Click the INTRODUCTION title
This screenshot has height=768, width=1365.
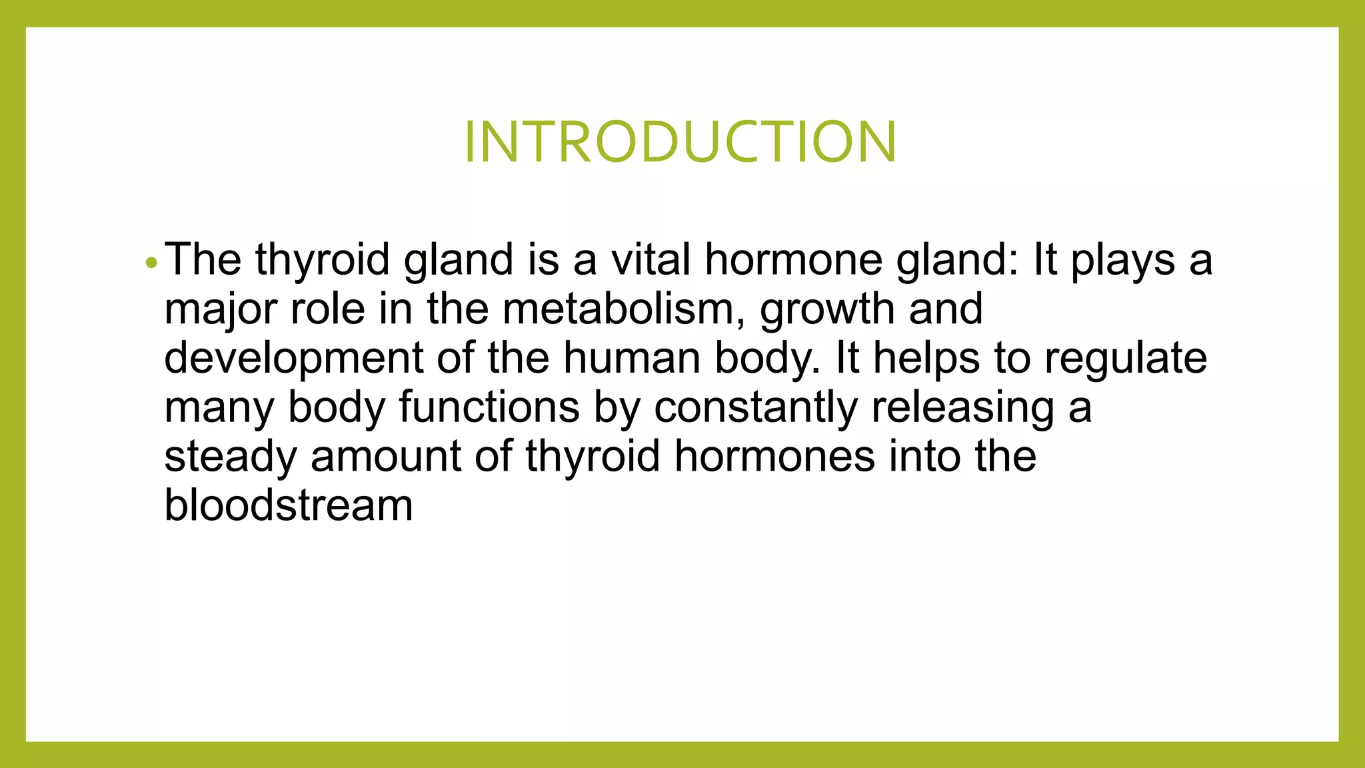click(x=681, y=141)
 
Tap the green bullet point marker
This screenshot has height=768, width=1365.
click(x=151, y=263)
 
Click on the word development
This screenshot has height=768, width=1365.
click(x=293, y=359)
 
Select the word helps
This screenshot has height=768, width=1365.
click(x=926, y=359)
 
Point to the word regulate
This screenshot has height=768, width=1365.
click(x=1126, y=359)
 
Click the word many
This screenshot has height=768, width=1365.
click(x=219, y=408)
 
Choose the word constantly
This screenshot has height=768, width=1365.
click(x=755, y=408)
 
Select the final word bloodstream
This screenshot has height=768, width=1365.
click(x=289, y=505)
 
